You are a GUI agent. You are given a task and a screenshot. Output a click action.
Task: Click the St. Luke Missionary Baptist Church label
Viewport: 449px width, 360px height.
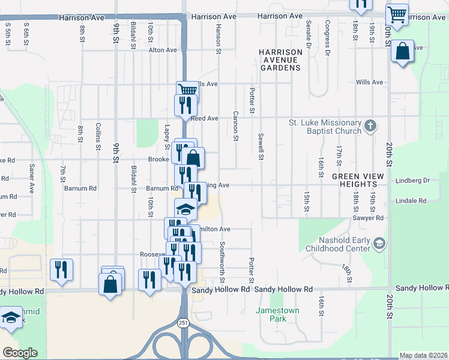pyautogui.click(x=325, y=127)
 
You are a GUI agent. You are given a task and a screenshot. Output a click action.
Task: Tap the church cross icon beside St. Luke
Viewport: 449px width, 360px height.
pyautogui.click(x=370, y=126)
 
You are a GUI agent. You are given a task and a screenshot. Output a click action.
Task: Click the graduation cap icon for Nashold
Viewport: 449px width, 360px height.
pyautogui.click(x=379, y=243)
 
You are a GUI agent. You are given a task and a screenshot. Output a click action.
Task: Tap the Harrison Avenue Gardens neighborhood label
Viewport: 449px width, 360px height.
pyautogui.click(x=280, y=60)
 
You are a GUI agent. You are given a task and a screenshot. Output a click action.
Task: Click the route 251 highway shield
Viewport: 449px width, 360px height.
pyautogui.click(x=182, y=323)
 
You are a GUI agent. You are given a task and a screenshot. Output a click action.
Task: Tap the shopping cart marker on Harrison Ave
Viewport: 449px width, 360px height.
pyautogui.click(x=397, y=14)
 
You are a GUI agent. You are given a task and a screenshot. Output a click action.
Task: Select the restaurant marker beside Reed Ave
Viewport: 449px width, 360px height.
pyautogui.click(x=184, y=105)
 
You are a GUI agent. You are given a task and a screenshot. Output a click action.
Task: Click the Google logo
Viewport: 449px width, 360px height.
pyautogui.click(x=20, y=353)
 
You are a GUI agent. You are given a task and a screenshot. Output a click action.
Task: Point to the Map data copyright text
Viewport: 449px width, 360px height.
pyautogui.click(x=424, y=355)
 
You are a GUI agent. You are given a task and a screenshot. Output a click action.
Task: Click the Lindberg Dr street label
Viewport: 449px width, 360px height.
pyautogui.click(x=413, y=181)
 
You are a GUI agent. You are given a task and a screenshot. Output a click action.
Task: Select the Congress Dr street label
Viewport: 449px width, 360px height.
pyautogui.click(x=328, y=38)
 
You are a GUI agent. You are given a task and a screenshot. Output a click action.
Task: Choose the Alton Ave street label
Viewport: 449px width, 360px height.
pyautogui.click(x=163, y=50)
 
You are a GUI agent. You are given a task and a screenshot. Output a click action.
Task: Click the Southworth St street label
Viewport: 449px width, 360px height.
pyautogui.click(x=222, y=262)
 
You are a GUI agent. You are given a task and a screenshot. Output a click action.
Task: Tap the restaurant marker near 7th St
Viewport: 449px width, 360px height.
pyautogui.click(x=62, y=269)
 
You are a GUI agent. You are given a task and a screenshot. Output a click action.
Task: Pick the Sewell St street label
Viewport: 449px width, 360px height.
pyautogui.click(x=261, y=148)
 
